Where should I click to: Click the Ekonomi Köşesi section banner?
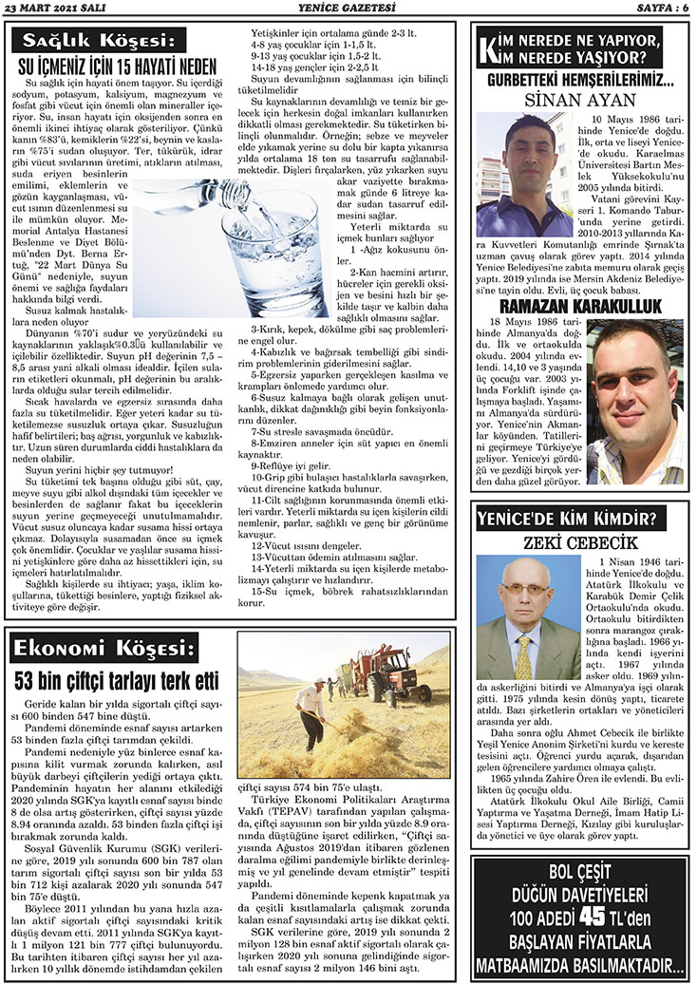103,649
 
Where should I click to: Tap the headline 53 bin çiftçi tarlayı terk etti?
120,680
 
